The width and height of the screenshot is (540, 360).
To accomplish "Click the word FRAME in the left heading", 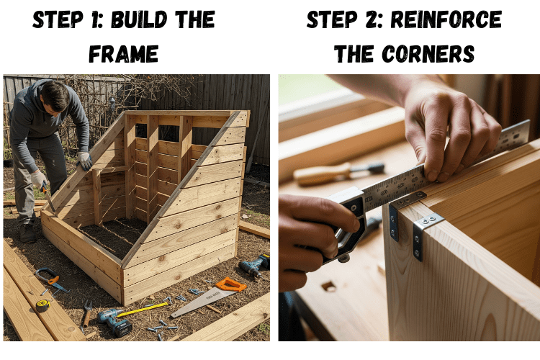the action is tap(123, 54).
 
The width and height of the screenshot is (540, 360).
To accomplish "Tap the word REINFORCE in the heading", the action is tap(446, 19).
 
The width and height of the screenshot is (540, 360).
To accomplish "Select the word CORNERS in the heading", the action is tap(428, 54).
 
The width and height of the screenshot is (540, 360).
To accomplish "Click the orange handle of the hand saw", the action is tap(230, 284).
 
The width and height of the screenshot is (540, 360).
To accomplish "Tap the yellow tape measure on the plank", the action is tap(43, 305).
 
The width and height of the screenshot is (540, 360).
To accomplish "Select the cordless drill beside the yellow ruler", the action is tap(114, 322).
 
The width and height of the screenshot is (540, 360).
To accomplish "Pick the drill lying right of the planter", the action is tap(255, 266).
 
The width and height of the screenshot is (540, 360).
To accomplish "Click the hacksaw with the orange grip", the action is tap(51, 279).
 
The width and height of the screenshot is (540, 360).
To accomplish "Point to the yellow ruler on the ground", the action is tap(143, 309).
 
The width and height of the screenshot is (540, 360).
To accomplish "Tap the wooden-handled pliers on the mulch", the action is tap(87, 313).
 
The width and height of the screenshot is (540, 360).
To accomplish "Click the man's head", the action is tap(55, 96).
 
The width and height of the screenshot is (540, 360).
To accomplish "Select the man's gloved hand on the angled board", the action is tap(84, 161).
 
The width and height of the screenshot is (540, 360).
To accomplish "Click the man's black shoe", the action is tap(27, 233).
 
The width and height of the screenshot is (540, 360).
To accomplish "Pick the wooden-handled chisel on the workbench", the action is tap(338, 174).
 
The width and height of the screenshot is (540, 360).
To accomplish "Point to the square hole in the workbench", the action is tap(328, 286).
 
